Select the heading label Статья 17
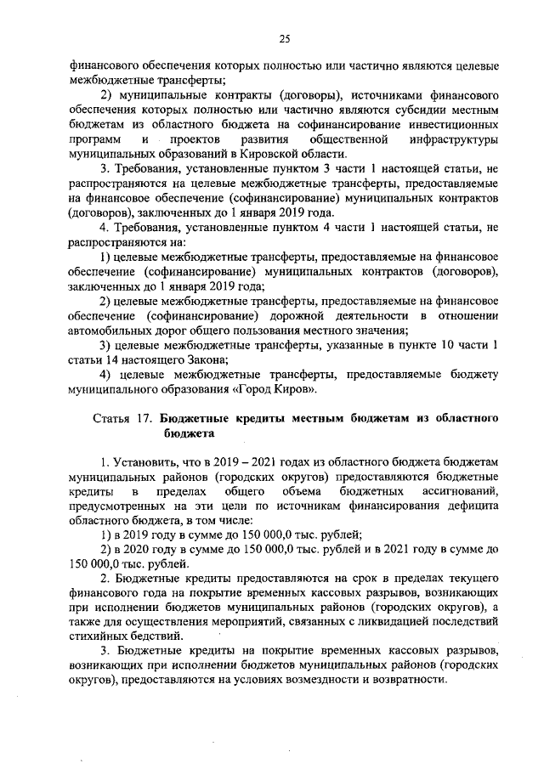click(x=122, y=418)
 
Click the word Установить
click(x=144, y=461)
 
